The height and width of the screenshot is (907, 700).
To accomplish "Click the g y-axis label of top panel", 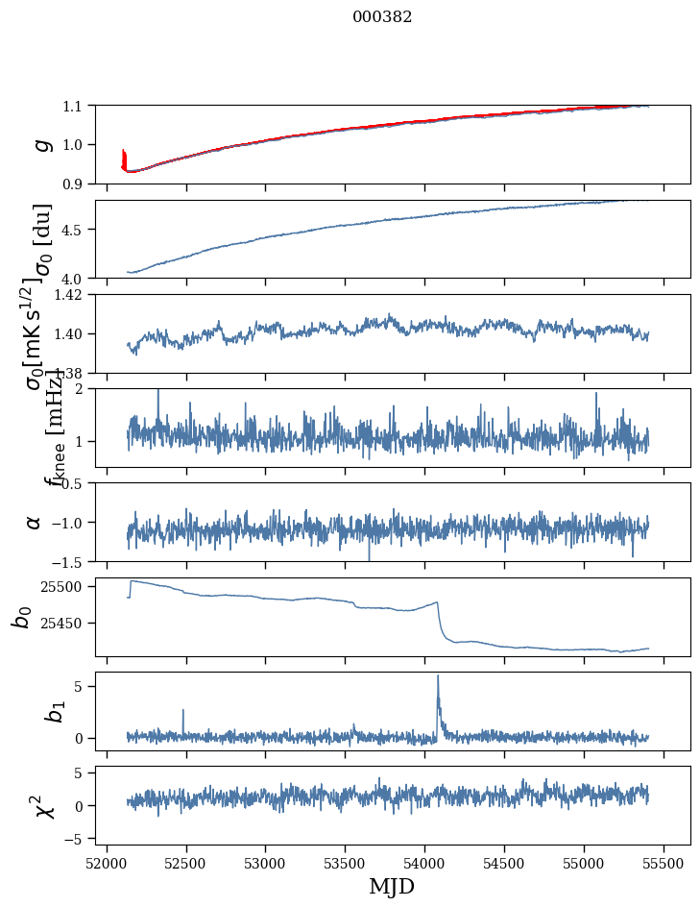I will (41, 144).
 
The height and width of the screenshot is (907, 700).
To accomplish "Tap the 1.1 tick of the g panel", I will (76, 106).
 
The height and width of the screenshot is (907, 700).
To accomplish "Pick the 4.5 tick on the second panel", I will (76, 230).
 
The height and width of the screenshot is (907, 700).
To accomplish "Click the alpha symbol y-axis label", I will (35, 522).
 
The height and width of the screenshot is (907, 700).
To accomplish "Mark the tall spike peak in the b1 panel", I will (438, 675).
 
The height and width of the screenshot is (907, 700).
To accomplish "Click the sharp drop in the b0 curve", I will (440, 620).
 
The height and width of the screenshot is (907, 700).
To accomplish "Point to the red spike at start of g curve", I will (124, 156).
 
